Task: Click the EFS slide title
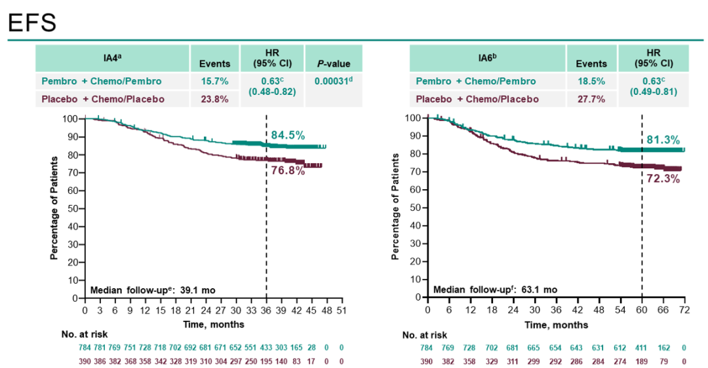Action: pyautogui.click(x=31, y=22)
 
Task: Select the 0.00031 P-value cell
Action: pyautogui.click(x=330, y=81)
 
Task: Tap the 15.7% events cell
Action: pyautogui.click(x=215, y=81)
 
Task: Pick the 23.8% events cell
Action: pyautogui.click(x=215, y=99)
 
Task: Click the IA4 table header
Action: pyautogui.click(x=112, y=58)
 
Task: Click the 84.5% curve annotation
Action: pyautogui.click(x=288, y=136)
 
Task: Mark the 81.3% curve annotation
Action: pyautogui.click(x=663, y=139)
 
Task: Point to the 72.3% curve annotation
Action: pyautogui.click(x=663, y=177)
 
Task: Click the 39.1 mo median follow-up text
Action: pyautogui.click(x=152, y=289)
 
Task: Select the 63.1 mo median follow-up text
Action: pyautogui.click(x=495, y=289)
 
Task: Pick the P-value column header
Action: pyautogui.click(x=330, y=64)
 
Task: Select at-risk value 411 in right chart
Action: pyautogui.click(x=642, y=347)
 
